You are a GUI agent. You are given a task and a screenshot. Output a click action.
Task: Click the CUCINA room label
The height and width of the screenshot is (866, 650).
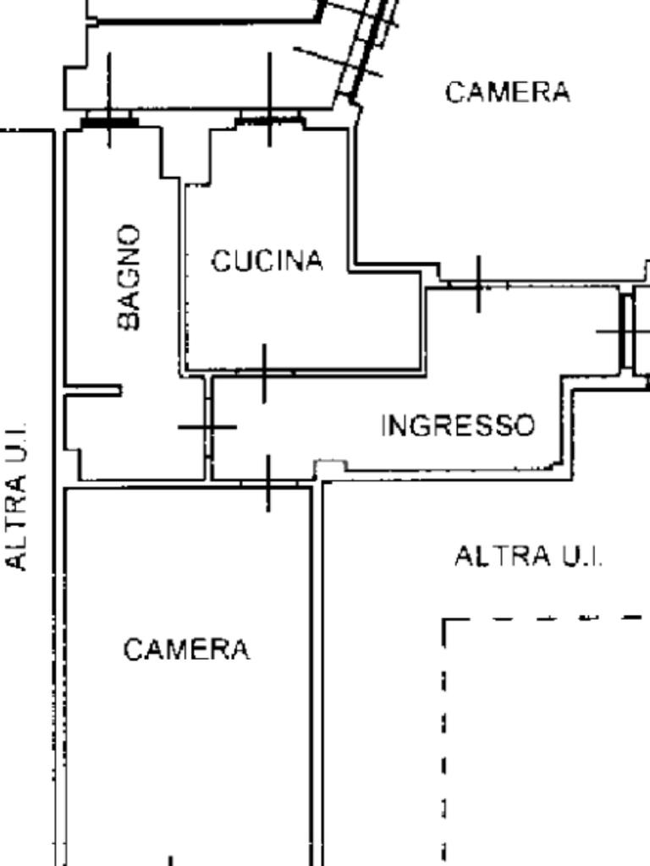[267, 260]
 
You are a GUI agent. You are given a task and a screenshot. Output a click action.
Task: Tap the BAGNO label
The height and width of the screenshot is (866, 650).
[129, 277]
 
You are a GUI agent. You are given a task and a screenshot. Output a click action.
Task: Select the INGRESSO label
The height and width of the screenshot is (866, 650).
[458, 426]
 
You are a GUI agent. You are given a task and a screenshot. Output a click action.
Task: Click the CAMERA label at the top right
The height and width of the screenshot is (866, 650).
[508, 92]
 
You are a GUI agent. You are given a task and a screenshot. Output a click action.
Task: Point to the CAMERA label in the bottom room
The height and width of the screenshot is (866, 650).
[186, 649]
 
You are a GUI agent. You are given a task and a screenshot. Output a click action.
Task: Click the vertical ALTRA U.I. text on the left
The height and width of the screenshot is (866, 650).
[16, 496]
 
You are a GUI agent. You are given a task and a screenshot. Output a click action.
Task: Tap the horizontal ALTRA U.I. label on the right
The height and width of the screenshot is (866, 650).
[528, 556]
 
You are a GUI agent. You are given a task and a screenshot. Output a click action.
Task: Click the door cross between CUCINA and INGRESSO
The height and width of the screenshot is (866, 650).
[265, 373]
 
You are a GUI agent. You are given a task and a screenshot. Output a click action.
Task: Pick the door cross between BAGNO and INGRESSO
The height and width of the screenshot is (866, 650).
[208, 427]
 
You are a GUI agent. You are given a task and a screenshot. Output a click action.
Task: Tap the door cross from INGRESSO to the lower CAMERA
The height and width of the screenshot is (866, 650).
[268, 484]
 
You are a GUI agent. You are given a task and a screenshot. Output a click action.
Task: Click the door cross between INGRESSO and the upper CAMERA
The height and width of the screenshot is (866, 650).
[479, 284]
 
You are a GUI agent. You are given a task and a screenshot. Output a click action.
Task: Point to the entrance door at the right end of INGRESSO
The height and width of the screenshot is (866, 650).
[625, 332]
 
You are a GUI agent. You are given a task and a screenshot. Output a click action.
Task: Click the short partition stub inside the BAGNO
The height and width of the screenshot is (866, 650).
[93, 391]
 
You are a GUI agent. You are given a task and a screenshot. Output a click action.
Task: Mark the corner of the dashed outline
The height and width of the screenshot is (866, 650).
[443, 620]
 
